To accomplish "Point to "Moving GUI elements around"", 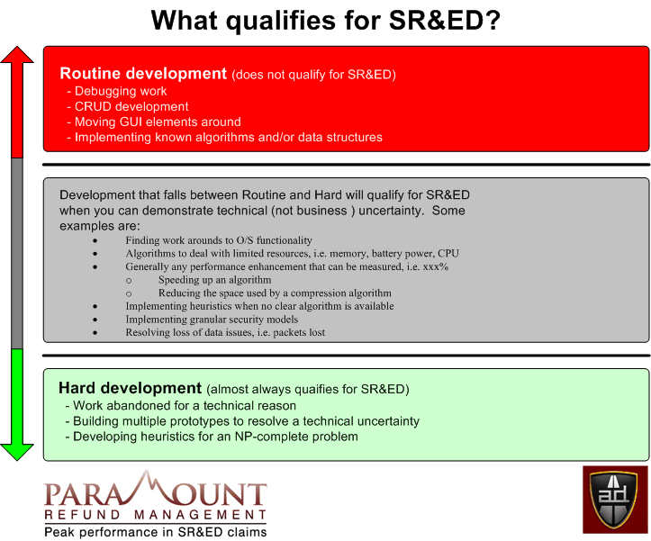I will coord(157,122).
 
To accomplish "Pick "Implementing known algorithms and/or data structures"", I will coord(228,137).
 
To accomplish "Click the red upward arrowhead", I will coord(16,56).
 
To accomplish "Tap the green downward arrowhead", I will coord(16,447).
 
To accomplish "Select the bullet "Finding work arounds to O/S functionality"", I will coord(219,240).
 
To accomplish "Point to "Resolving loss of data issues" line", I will coord(225,333).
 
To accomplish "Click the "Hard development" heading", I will coord(130,389).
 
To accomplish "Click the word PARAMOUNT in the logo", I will coord(156,493).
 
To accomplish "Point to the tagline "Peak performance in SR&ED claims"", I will coord(156,532).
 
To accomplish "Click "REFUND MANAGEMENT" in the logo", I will coord(156,515).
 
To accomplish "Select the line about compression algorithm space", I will coord(275,293).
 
